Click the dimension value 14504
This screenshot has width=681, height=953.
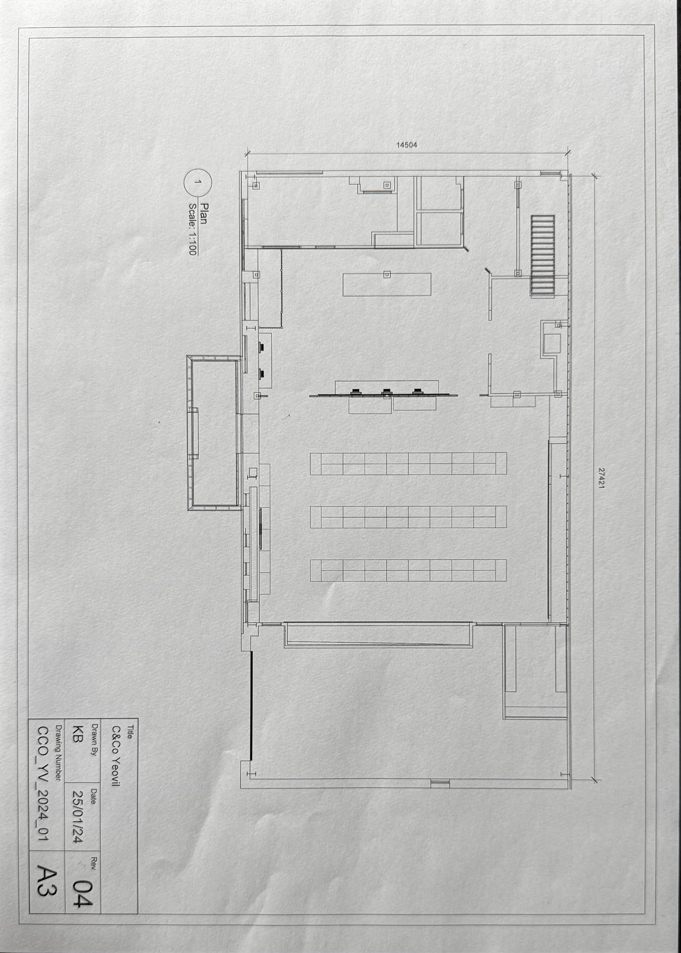tap(407, 145)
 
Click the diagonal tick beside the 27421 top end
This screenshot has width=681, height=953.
tap(595, 176)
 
